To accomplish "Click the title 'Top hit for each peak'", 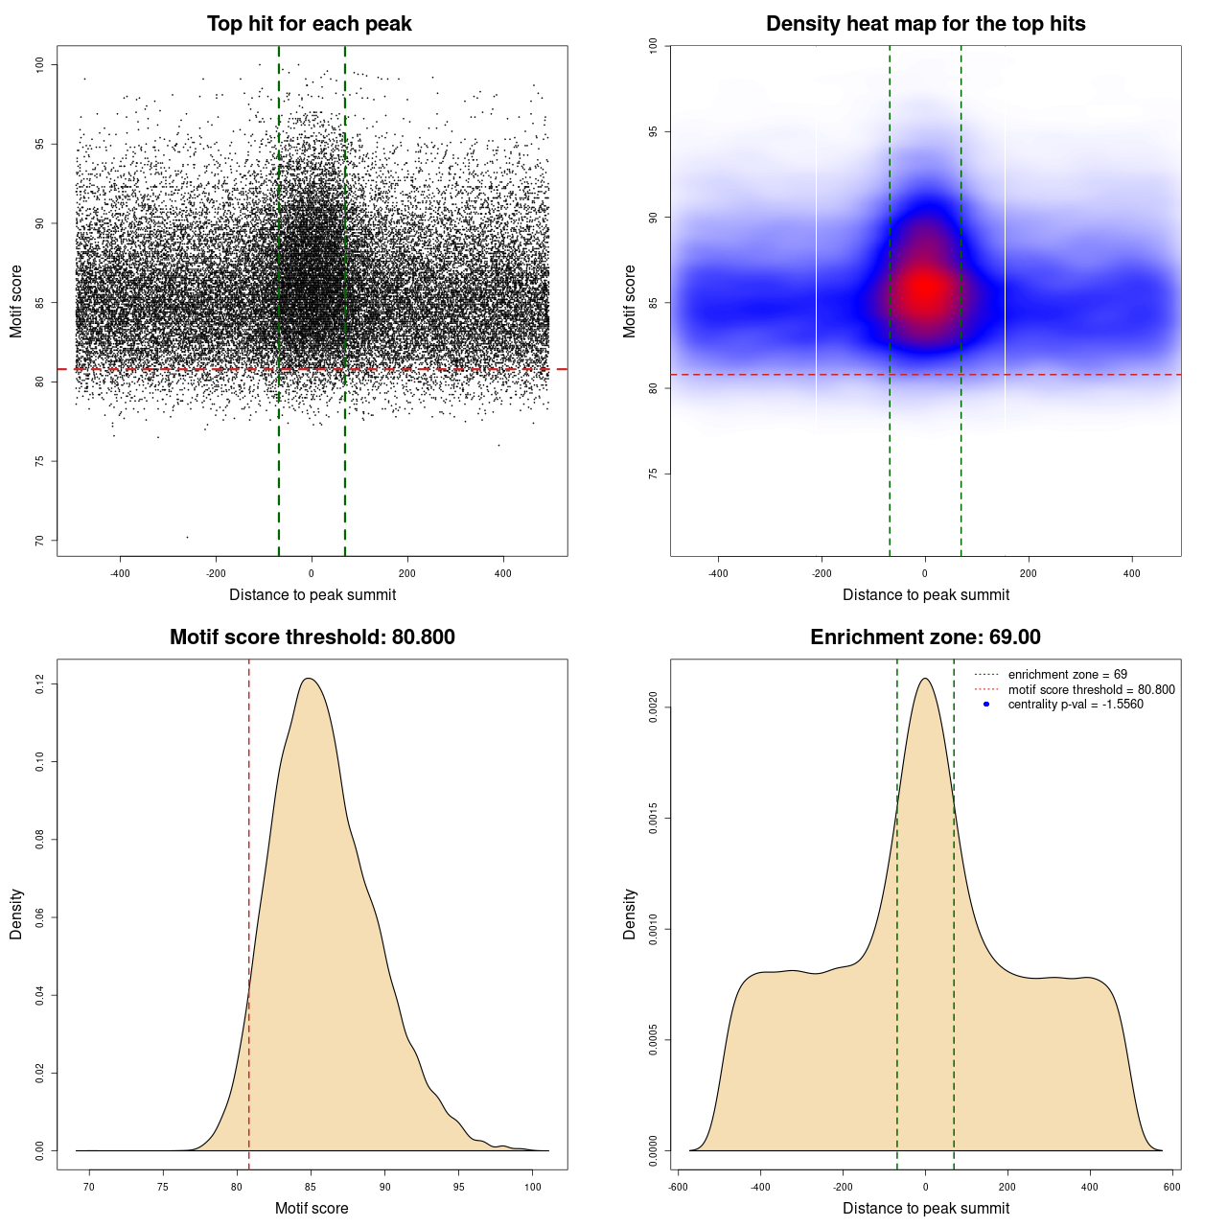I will click(310, 24).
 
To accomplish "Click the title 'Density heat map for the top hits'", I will click(925, 24).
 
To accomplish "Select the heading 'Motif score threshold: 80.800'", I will click(312, 637).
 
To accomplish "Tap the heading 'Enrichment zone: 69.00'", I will click(925, 637).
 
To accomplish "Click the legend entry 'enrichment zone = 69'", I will click(1067, 675).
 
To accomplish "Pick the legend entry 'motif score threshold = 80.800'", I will click(1091, 689).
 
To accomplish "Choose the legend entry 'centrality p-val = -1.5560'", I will click(1076, 705).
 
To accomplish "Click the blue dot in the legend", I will click(986, 705).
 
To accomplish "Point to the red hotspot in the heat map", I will click(924, 288).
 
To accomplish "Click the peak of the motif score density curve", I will click(309, 679).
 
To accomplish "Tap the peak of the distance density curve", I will click(925, 679).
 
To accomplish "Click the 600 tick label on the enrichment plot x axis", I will click(1171, 1187).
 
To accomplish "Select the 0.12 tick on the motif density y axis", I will click(39, 683).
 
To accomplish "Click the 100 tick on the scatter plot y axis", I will click(39, 64).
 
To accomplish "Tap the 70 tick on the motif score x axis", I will click(89, 1187).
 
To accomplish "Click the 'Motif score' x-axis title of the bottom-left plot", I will click(312, 1208).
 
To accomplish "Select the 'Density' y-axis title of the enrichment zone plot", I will click(630, 914).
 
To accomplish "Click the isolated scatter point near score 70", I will click(187, 537).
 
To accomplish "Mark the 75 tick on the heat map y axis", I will click(653, 474).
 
